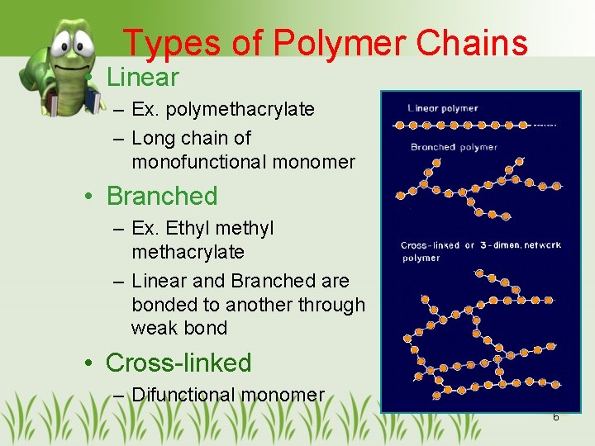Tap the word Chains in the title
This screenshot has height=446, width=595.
point(474,43)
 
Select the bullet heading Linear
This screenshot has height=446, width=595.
point(143,78)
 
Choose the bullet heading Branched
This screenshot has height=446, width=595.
point(162,197)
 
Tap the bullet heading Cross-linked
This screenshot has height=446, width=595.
point(178,363)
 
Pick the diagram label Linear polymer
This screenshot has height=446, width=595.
point(443,108)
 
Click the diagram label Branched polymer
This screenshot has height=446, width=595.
point(454,147)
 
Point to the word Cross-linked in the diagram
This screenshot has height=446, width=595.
point(431,245)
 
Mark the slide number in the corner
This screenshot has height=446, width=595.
point(556,416)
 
